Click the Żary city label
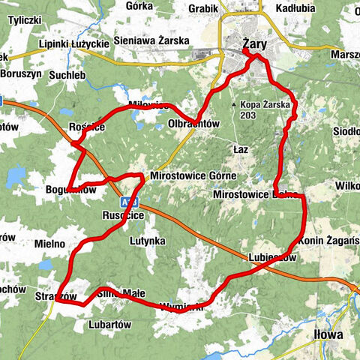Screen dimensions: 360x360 256,46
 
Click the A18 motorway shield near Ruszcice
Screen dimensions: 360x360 124,202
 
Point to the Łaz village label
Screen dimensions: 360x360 241,149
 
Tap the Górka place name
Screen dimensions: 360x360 140,5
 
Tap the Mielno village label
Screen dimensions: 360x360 50,244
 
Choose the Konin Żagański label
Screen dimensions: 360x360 328,240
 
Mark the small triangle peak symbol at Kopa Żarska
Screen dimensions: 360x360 235,105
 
